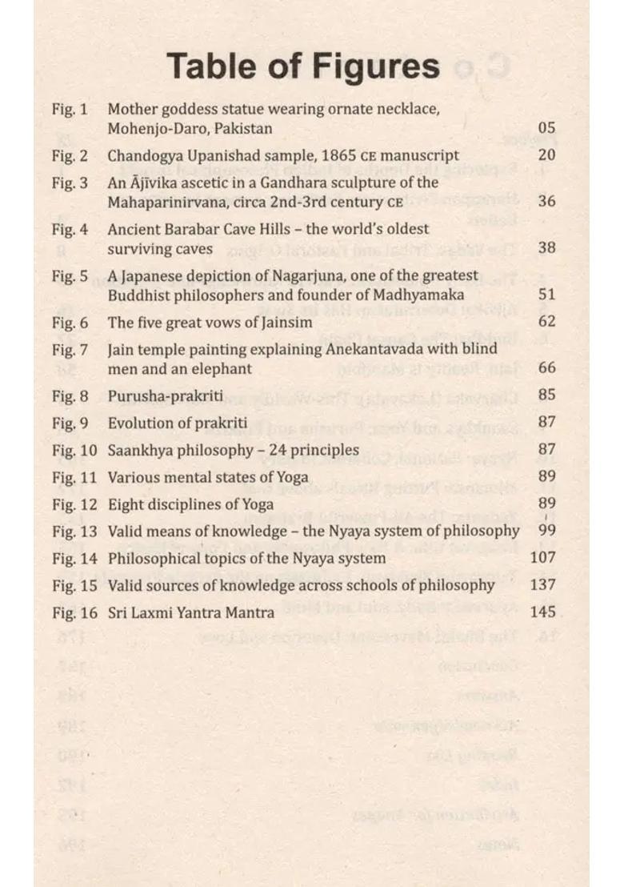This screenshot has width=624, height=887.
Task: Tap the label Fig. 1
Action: [70, 108]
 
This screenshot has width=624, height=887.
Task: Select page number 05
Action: [546, 128]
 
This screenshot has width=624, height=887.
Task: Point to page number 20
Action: [546, 155]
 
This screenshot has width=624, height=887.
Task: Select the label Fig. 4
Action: [70, 229]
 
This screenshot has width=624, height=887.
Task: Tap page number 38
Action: [546, 248]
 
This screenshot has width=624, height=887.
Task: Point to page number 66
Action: [546, 368]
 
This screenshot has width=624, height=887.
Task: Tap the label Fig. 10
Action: [74, 450]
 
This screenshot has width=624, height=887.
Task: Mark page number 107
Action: [542, 558]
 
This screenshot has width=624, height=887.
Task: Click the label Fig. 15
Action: [74, 585]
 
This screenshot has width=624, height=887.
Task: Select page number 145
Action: [542, 612]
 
